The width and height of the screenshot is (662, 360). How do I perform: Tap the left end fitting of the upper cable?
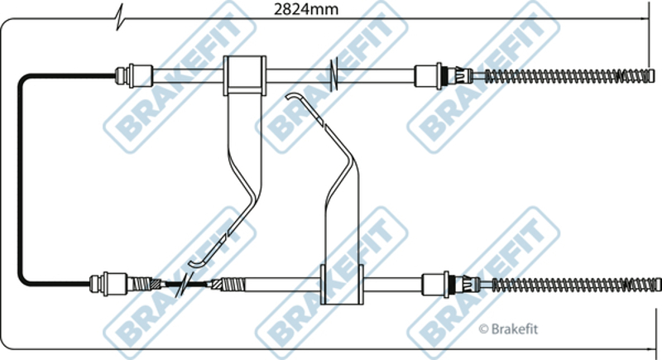132,74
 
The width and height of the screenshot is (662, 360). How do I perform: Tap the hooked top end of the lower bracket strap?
294,98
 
